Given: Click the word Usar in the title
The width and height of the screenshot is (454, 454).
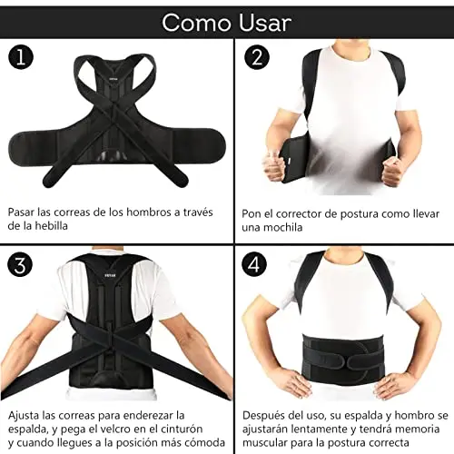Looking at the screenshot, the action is (265, 23).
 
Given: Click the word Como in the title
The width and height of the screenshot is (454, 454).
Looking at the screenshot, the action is (198, 23).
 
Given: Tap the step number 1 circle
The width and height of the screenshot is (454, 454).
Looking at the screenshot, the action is (21, 57).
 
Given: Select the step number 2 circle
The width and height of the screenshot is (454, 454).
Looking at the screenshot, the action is (257, 57).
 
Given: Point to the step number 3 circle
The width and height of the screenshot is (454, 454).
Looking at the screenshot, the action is (20, 264).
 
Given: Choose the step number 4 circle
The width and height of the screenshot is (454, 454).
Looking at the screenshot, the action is (254, 264).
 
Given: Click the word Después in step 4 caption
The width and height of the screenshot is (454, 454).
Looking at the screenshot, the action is (263, 415).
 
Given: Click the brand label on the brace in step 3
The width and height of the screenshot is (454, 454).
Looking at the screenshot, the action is (109, 275).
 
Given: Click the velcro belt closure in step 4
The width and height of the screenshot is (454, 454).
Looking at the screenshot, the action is (362, 360).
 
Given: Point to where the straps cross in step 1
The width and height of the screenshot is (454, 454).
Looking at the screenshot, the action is (113, 121).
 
